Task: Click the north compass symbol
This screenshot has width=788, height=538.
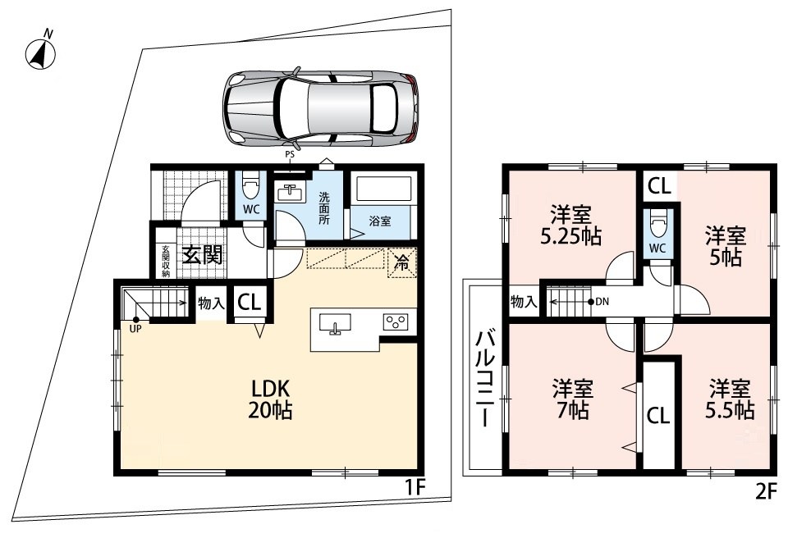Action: click(x=40, y=52)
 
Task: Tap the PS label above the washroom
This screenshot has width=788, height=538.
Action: click(x=290, y=155)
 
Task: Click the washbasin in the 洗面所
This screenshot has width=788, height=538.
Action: click(x=290, y=193)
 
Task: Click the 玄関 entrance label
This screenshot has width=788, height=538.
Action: click(x=202, y=255)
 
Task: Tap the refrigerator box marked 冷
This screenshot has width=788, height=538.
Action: click(x=401, y=262)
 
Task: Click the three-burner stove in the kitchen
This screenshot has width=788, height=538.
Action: click(x=396, y=322)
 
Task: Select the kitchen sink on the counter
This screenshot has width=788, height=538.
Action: click(x=336, y=323)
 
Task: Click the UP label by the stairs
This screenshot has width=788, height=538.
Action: click(x=135, y=330)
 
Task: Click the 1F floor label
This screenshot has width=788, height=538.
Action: click(x=417, y=487)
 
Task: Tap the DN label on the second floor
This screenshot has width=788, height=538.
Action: click(x=602, y=302)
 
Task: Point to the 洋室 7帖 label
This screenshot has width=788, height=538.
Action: click(x=572, y=400)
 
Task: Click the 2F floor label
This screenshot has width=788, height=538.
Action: click(x=767, y=491)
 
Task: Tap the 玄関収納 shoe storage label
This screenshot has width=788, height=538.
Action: click(x=167, y=261)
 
